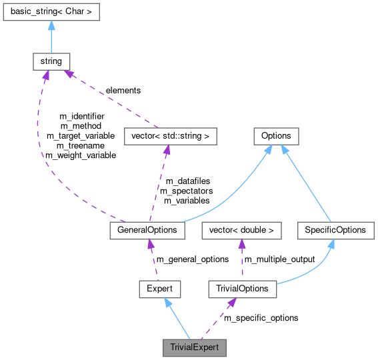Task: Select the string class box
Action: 51,61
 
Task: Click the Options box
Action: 276,136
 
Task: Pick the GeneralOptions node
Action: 147,230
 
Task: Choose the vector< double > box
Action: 241,230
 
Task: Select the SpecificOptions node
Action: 335,230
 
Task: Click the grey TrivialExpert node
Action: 195,347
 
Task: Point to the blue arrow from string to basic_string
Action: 51,37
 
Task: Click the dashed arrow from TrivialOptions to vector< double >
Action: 241,260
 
